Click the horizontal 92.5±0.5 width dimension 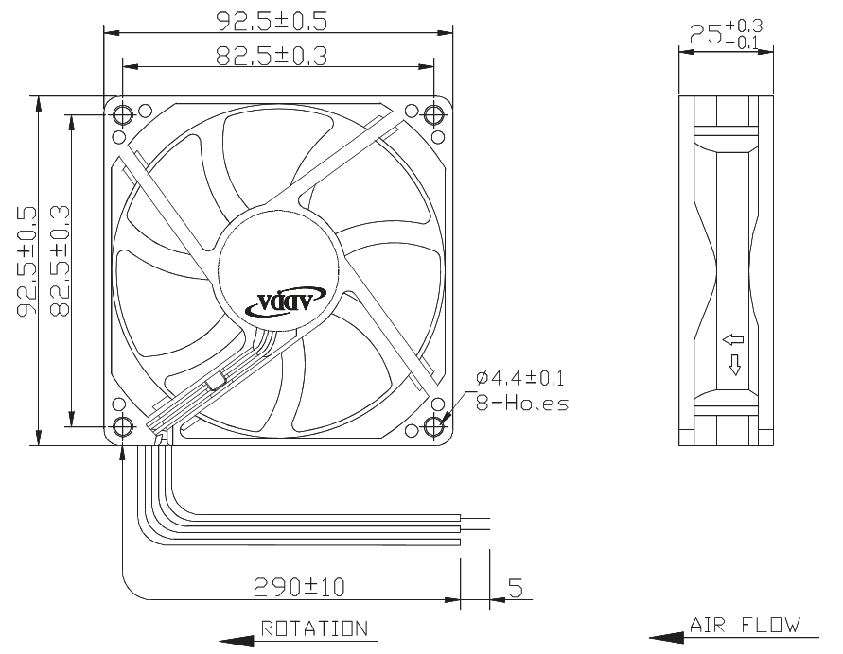272,22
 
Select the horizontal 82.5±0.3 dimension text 272,56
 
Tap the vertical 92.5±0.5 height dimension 26,261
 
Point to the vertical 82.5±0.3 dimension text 60,261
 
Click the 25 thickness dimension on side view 726,34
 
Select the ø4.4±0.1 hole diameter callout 520,378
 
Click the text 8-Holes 522,403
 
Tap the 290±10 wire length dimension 299,588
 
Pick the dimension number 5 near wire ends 515,588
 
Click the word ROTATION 314,628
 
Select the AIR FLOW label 745,625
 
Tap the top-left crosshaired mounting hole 123,114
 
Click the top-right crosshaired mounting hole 433,114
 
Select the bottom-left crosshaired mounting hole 123,426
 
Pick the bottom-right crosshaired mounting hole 433,426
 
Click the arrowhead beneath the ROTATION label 237,641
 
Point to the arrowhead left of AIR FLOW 667,638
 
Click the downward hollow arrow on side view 734,365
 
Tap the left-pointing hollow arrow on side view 733,339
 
